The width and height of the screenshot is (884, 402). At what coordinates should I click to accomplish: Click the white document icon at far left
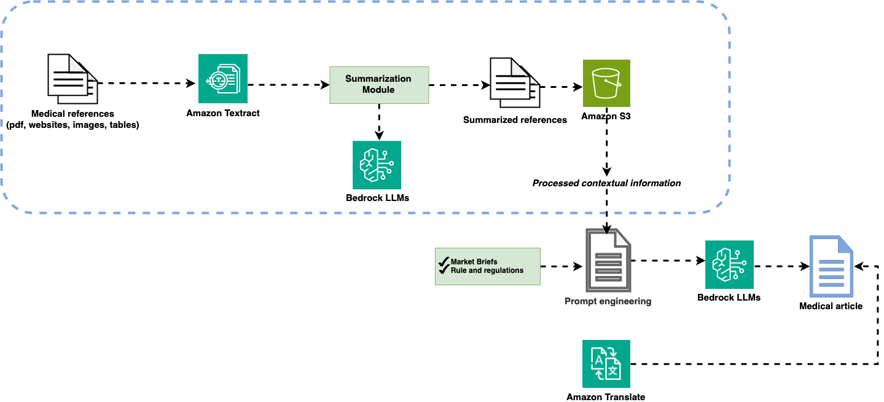pyautogui.click(x=72, y=79)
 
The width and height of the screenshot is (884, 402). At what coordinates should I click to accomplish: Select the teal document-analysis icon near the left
pyautogui.click(x=222, y=79)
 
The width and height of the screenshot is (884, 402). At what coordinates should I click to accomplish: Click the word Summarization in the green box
pyautogui.click(x=378, y=79)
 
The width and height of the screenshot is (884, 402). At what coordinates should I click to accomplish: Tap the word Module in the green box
pyautogui.click(x=378, y=90)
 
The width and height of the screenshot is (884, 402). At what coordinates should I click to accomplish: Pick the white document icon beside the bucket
pyautogui.click(x=514, y=82)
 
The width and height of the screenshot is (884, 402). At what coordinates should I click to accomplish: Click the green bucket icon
pyautogui.click(x=606, y=83)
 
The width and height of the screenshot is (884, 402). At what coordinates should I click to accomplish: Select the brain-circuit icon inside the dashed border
pyautogui.click(x=377, y=165)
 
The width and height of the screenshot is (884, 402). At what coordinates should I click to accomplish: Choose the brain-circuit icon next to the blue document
pyautogui.click(x=729, y=265)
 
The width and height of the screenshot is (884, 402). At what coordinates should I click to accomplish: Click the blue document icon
pyautogui.click(x=831, y=267)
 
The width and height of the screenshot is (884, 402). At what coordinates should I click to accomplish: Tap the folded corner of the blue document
pyautogui.click(x=846, y=243)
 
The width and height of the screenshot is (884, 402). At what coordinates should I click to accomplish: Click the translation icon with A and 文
pyautogui.click(x=606, y=364)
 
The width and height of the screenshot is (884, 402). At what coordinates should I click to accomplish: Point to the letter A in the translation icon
pyautogui.click(x=597, y=357)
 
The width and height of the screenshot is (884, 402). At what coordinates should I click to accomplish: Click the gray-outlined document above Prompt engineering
pyautogui.click(x=608, y=260)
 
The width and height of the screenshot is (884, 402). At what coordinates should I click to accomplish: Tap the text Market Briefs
pyautogui.click(x=474, y=262)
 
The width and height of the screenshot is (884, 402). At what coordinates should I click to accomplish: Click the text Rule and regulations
pyautogui.click(x=487, y=270)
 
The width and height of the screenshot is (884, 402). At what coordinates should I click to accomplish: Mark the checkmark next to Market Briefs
pyautogui.click(x=444, y=262)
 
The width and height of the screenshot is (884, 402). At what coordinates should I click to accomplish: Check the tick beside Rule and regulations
pyautogui.click(x=444, y=270)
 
